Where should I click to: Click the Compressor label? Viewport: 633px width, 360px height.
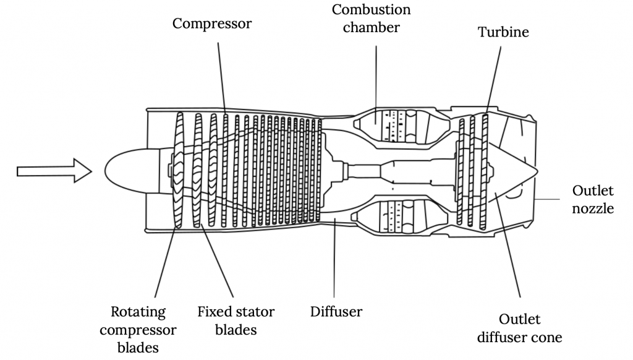(x=212, y=24)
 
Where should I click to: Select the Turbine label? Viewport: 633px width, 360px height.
(x=504, y=32)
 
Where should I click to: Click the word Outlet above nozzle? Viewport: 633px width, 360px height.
(x=593, y=189)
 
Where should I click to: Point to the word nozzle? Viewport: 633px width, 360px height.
(x=593, y=208)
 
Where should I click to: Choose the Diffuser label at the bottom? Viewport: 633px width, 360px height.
(x=336, y=311)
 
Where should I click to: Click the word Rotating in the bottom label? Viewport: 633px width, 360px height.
(x=138, y=311)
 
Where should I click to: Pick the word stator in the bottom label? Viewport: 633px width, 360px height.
(x=255, y=311)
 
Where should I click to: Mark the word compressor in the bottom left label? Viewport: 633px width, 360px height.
(x=143, y=330)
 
